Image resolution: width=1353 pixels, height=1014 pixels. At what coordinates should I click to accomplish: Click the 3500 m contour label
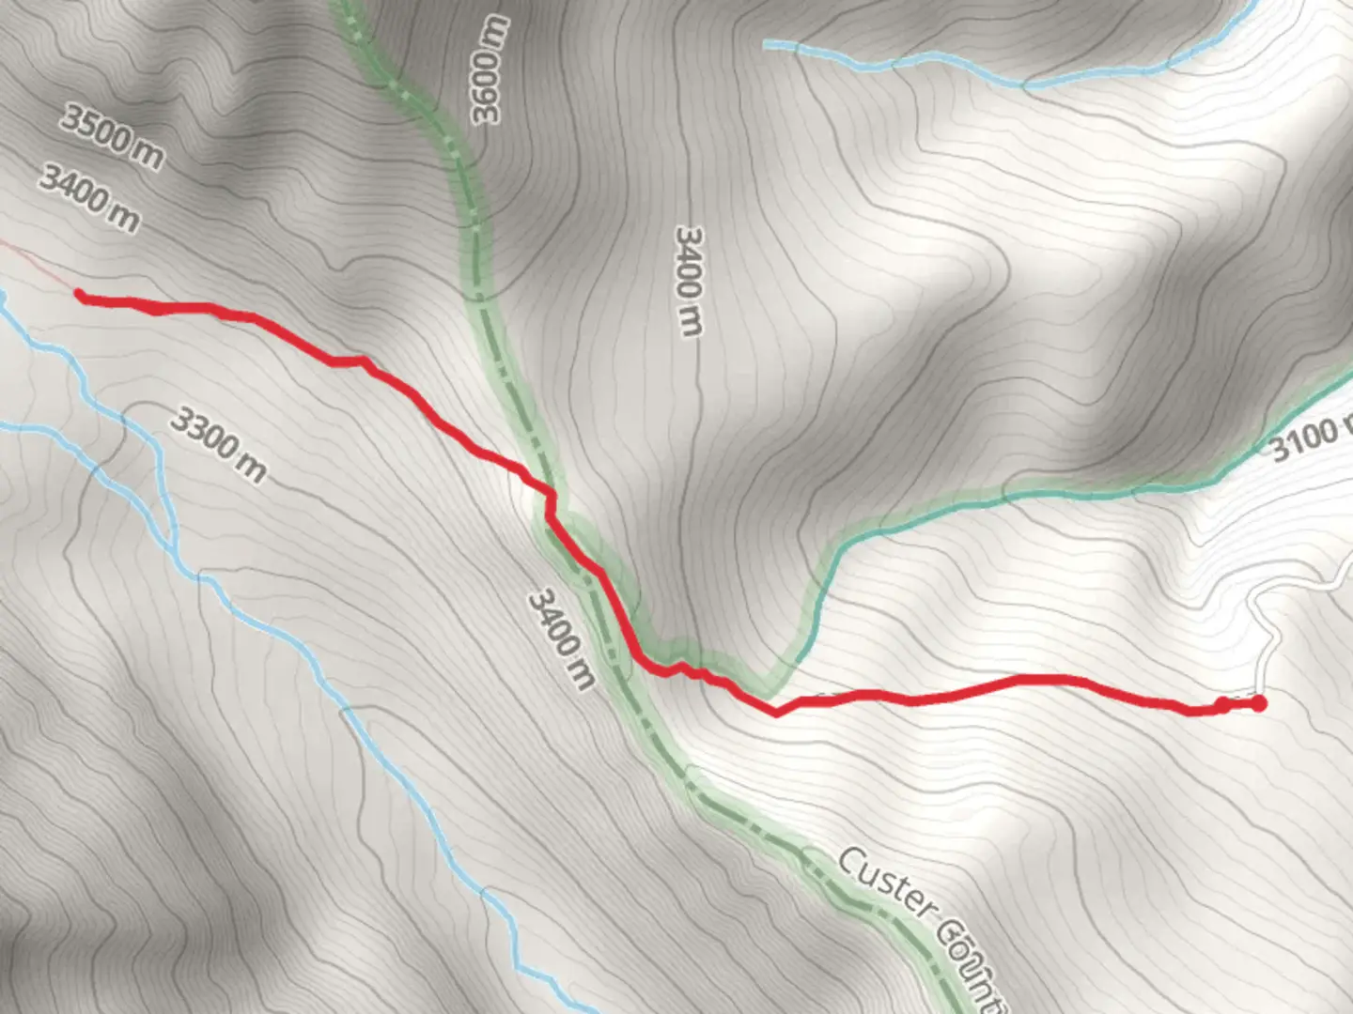coord(112,137)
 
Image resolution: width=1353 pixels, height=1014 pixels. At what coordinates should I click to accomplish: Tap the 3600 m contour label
coord(490,69)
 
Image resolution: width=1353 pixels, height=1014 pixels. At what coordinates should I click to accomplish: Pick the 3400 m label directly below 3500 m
coord(89,198)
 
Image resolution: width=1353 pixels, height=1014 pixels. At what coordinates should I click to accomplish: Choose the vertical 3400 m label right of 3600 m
coord(690,281)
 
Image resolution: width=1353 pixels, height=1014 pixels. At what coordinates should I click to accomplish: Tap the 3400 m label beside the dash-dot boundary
coord(562,638)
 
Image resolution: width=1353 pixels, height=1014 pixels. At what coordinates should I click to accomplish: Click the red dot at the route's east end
coord(1258,703)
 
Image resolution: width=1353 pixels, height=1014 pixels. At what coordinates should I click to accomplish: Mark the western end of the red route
coord(80,296)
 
